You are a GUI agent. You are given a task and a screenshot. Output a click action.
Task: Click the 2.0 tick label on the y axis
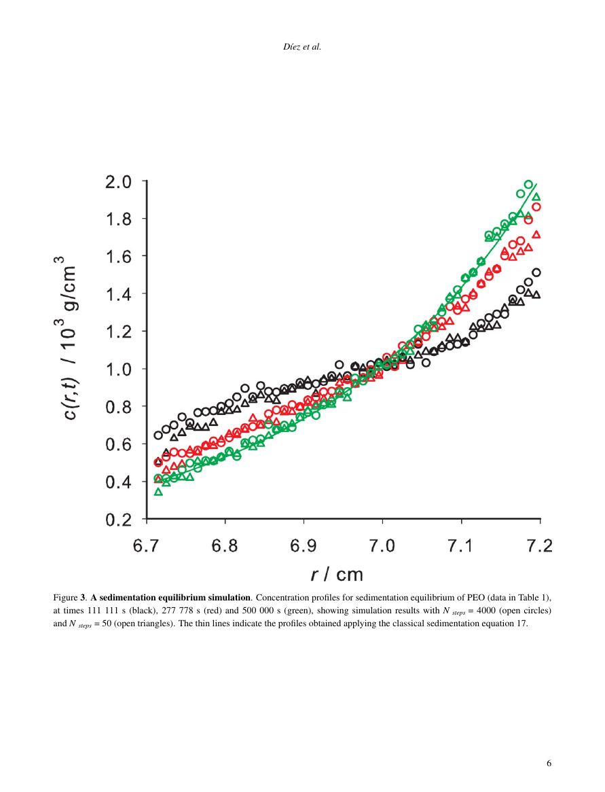click(x=120, y=181)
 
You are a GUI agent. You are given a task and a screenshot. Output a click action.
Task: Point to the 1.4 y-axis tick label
click(x=120, y=294)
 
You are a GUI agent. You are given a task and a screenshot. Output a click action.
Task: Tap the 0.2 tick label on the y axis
click(x=120, y=520)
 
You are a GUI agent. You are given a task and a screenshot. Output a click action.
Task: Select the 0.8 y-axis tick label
click(x=120, y=407)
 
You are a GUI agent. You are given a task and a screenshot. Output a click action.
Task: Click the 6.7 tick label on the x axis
click(x=147, y=545)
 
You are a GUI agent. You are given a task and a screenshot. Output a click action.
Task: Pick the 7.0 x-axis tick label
click(x=382, y=545)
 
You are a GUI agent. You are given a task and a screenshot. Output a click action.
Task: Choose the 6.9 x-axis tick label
click(x=304, y=545)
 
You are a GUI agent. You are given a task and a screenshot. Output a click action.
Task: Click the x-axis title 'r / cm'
click(x=337, y=575)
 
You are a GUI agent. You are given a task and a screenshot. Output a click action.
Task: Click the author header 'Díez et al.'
click(x=301, y=47)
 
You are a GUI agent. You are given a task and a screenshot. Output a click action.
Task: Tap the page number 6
click(x=549, y=763)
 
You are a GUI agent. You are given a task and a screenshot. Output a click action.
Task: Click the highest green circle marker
click(x=528, y=184)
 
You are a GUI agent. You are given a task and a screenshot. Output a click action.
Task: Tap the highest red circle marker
click(x=536, y=206)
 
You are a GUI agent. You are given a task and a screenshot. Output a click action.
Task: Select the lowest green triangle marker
click(x=158, y=492)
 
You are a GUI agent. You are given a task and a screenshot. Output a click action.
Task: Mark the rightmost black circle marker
click(x=536, y=272)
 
